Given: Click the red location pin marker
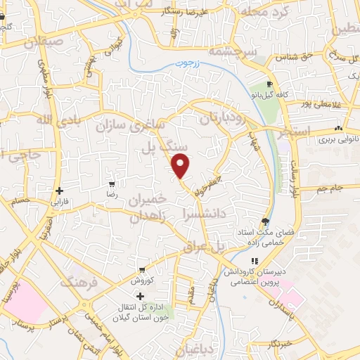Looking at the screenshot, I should pyautogui.click(x=181, y=166).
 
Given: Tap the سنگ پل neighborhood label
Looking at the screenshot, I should pyautogui.click(x=157, y=147).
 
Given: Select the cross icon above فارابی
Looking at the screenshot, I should pyautogui.click(x=60, y=191).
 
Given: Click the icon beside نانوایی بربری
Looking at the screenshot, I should pyautogui.click(x=338, y=128).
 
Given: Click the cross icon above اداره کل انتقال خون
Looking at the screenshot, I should pyautogui.click(x=140, y=296).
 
